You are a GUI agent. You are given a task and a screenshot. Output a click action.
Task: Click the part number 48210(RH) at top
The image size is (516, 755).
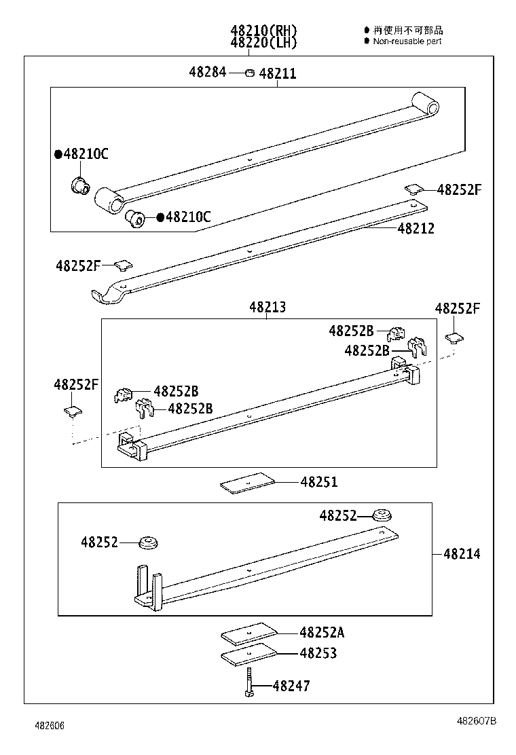click(263, 31)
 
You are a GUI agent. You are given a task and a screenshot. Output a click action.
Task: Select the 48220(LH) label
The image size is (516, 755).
click(263, 43)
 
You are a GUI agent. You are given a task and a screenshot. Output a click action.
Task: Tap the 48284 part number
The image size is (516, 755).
click(208, 72)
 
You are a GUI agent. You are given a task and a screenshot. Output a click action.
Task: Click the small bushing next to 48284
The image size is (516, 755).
click(249, 73)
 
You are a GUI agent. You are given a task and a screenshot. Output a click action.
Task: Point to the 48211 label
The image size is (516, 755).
click(278, 73)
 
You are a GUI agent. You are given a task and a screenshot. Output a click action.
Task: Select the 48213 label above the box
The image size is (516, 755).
click(267, 308)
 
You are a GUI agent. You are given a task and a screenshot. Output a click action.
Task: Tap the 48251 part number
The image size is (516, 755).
click(319, 482)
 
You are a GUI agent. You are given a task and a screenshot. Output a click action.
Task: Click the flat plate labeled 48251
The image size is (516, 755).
click(248, 482)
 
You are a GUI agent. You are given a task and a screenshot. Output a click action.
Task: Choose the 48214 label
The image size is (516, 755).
click(462, 554)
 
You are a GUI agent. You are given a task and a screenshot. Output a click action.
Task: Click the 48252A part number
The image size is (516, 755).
click(322, 633)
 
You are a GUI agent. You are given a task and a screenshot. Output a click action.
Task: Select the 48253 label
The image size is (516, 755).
click(318, 653)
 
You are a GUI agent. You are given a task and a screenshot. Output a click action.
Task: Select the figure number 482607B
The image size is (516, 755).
click(476, 721)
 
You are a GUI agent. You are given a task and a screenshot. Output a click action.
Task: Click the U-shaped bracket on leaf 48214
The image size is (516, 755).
click(148, 589)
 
